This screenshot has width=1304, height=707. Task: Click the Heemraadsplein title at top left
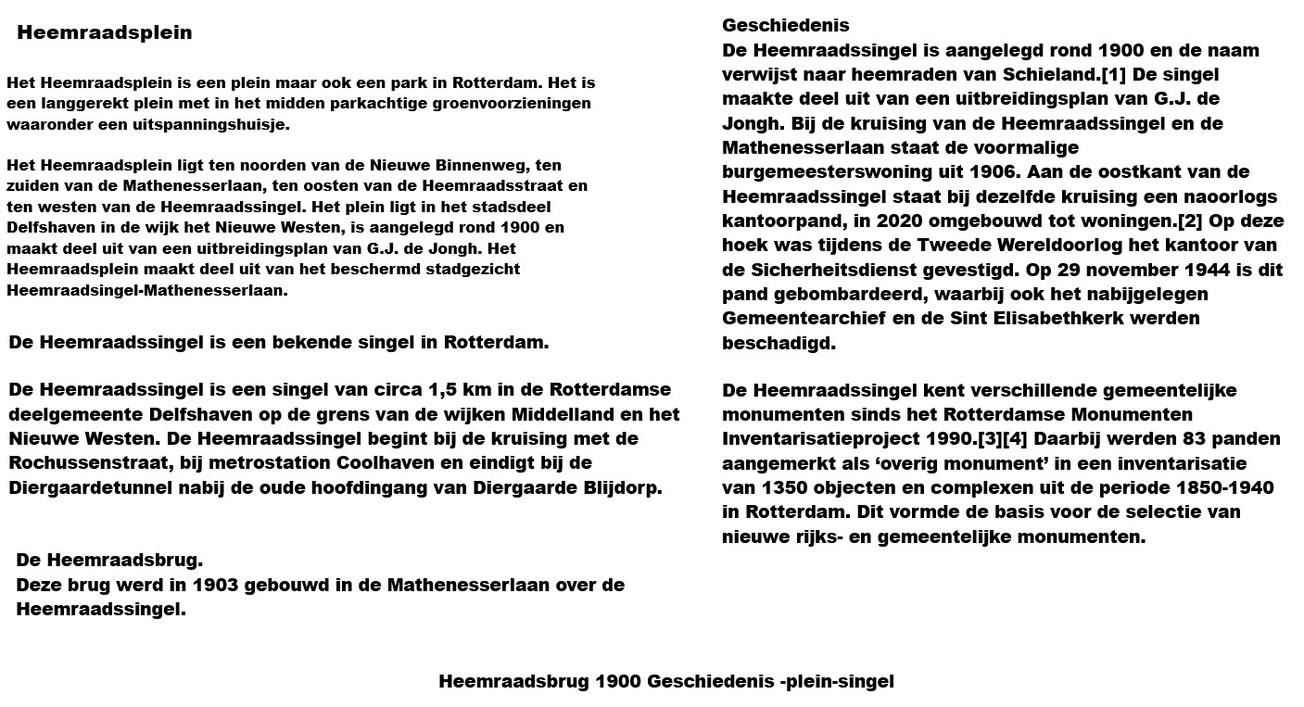(x=105, y=33)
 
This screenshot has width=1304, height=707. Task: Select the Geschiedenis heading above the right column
(x=785, y=26)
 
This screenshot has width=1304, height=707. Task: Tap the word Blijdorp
(x=620, y=487)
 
